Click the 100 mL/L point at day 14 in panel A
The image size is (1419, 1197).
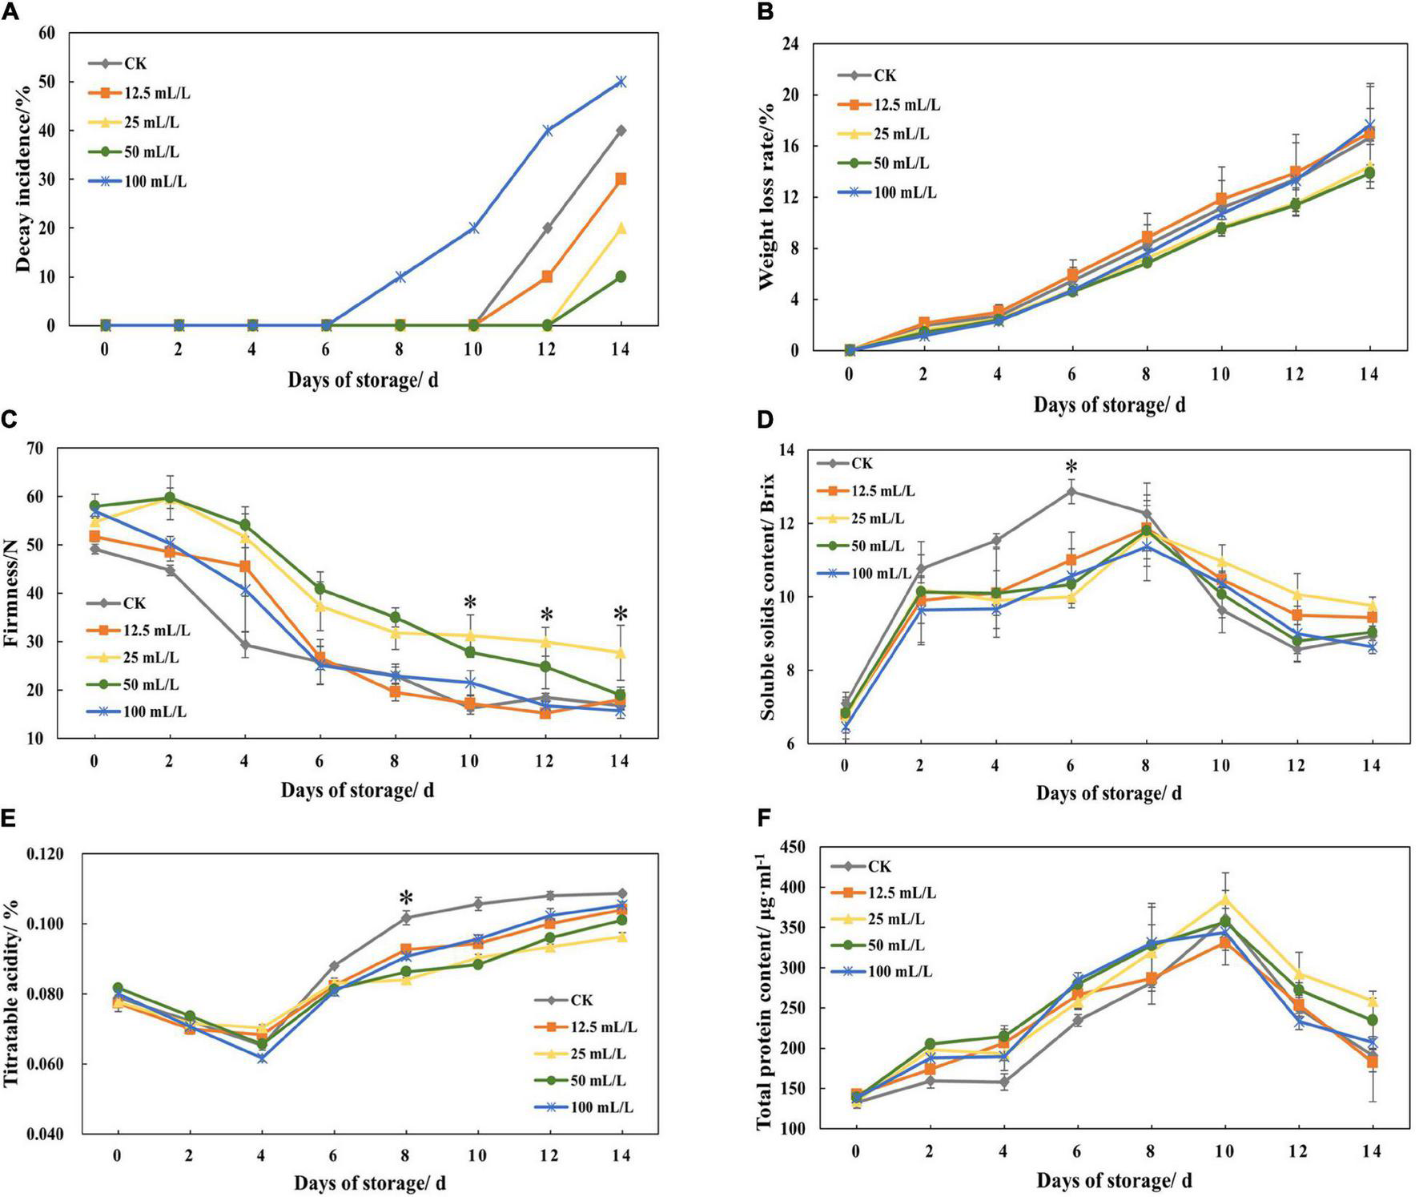[x=620, y=82]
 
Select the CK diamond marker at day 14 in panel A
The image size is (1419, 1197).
[x=620, y=131]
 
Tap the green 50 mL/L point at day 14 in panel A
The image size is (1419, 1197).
[x=620, y=276]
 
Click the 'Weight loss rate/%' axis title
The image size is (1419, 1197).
[x=768, y=197]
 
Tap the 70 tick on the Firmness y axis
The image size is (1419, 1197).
[x=57, y=448]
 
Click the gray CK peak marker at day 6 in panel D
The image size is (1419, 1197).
[x=1071, y=491]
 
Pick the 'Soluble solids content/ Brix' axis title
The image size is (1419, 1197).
[x=768, y=598]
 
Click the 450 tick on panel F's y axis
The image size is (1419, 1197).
[x=810, y=848]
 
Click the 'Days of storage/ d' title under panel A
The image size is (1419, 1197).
[x=363, y=379]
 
